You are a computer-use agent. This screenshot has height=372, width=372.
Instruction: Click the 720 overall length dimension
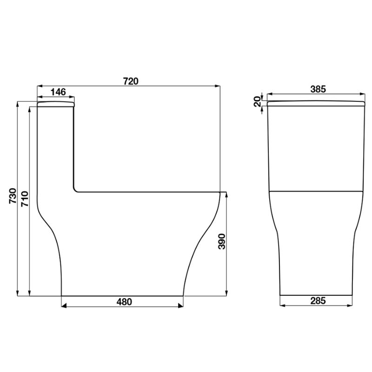pos(131,80)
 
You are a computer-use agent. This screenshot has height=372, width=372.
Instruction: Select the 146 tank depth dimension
pos(58,92)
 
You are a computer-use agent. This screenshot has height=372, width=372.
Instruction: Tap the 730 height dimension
pos(13,196)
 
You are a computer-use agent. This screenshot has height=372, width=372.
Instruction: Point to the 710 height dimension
pos(25,199)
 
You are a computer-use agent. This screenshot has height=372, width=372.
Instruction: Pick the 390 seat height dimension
pos(222,242)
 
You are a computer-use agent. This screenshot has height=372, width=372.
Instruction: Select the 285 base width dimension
pos(317,301)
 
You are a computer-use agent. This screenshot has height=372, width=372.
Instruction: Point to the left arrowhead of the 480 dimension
pos(64,306)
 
